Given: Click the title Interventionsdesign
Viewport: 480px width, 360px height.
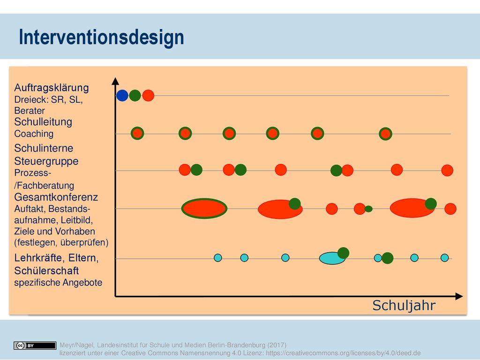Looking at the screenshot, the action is (101, 37).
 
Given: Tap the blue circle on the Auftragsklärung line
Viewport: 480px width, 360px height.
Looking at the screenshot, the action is (122, 96).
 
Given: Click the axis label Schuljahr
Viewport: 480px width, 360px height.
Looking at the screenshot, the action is (404, 306).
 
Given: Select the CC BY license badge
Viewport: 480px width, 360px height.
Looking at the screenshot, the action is (35, 345).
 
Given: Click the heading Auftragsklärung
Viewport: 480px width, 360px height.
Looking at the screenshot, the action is (52, 88).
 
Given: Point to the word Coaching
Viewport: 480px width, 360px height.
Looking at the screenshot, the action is (34, 134).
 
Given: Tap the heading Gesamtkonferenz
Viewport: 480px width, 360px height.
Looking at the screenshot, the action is (56, 197).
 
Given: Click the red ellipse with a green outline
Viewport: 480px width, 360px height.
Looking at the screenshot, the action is (204, 209).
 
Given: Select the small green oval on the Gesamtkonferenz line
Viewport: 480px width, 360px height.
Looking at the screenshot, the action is (368, 209).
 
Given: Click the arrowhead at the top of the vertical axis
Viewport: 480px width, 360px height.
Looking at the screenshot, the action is (115, 81).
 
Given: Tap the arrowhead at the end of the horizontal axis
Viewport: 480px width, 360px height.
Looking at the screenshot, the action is (459, 296).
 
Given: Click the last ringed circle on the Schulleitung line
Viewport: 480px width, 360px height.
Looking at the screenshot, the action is (385, 134).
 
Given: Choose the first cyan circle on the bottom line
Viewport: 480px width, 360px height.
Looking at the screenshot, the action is (217, 258).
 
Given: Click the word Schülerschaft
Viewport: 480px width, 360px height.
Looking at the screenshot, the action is (46, 271).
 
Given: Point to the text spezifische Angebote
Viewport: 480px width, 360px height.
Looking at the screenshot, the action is (58, 282).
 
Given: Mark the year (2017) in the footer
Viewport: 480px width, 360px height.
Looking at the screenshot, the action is (277, 345).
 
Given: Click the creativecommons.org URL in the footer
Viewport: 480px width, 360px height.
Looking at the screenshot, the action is (343, 353).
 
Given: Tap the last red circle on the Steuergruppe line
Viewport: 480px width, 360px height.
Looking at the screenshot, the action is (447, 170).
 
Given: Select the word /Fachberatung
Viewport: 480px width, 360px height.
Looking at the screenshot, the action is (44, 186).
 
